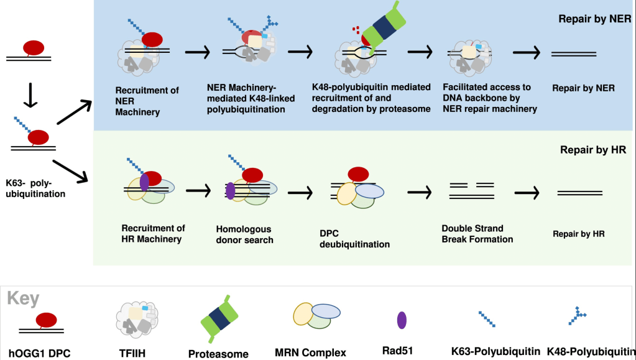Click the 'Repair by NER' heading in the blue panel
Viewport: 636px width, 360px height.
pyautogui.click(x=594, y=19)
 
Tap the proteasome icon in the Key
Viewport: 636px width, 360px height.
pyautogui.click(x=216, y=320)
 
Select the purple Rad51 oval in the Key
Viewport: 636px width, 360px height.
pyautogui.click(x=402, y=320)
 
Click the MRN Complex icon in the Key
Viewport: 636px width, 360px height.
pyautogui.click(x=316, y=316)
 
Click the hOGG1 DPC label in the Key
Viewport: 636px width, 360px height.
pyautogui.click(x=44, y=353)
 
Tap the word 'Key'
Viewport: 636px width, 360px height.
pyautogui.click(x=23, y=298)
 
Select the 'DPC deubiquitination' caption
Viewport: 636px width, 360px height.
pyautogui.click(x=354, y=239)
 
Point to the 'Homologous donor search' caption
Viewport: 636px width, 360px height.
pyautogui.click(x=244, y=234)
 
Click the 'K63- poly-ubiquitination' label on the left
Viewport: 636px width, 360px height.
pyautogui.click(x=35, y=188)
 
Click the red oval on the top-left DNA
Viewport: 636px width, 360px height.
pyautogui.click(x=34, y=48)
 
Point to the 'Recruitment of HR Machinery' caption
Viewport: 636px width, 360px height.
pyautogui.click(x=153, y=233)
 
